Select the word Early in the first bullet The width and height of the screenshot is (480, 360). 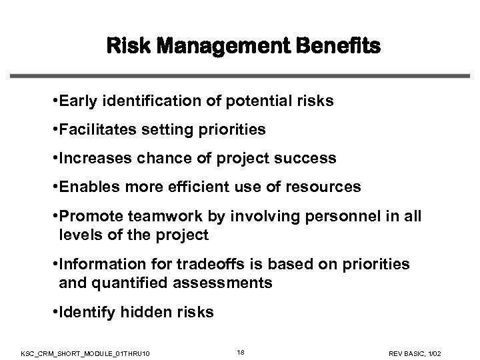[77, 102]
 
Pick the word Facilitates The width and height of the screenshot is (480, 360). [94, 131]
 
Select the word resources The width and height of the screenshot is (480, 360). [325, 187]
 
